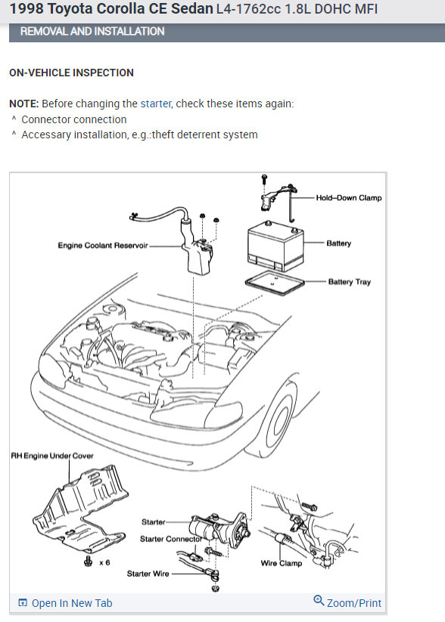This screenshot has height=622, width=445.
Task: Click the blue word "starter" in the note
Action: tap(156, 104)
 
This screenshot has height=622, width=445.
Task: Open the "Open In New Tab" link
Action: tap(66, 603)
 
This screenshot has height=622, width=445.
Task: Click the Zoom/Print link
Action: tap(347, 602)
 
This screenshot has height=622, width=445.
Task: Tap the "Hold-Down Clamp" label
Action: tap(348, 197)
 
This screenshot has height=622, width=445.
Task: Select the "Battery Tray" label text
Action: tap(349, 282)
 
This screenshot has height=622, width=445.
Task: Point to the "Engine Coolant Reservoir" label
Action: tap(103, 245)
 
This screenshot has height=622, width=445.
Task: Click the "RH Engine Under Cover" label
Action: tap(52, 456)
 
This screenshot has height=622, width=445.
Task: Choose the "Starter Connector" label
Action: tap(171, 539)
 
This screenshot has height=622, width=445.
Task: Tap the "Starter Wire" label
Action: tap(148, 574)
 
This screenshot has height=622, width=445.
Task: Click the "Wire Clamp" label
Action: tap(282, 563)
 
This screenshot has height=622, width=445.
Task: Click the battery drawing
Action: tap(275, 246)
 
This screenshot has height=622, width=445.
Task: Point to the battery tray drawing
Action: tap(275, 283)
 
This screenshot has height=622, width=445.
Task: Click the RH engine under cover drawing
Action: tap(82, 512)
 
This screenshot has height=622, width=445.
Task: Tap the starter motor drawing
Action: tap(219, 527)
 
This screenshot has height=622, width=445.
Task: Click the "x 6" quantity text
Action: tap(104, 562)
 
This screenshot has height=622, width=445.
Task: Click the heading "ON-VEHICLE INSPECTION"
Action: tap(71, 73)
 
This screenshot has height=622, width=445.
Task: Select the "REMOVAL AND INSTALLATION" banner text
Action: tap(92, 31)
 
